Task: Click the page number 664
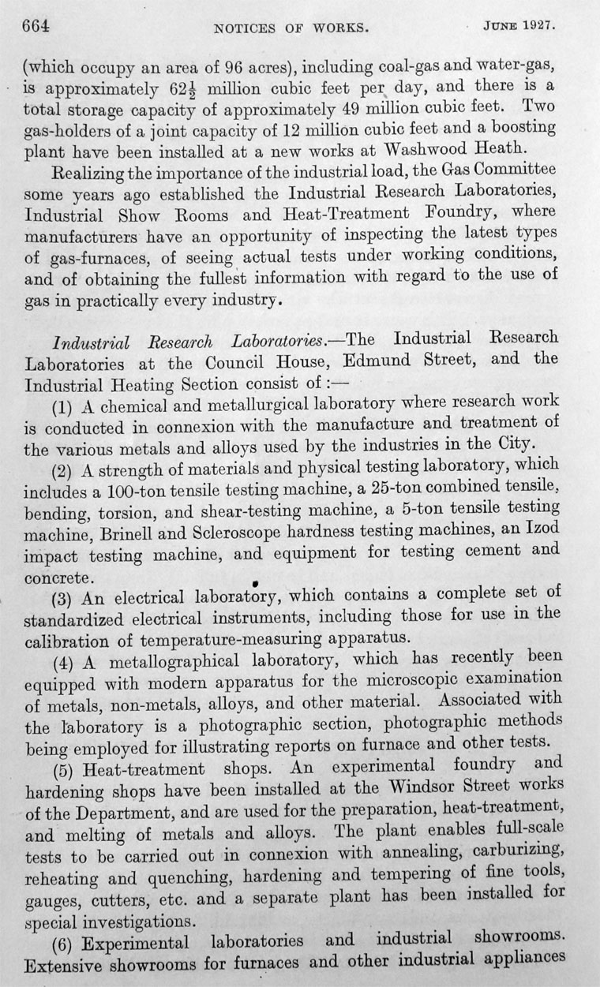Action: pos(36,25)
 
